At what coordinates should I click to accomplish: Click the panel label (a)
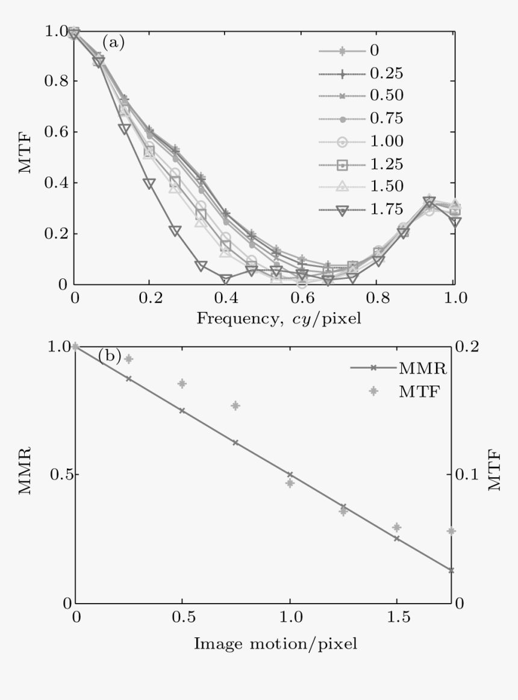tap(113, 42)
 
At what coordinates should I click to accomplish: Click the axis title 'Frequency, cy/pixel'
tap(278, 318)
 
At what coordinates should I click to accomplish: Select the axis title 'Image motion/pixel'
tap(275, 643)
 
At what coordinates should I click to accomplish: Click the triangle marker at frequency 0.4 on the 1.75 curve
tap(226, 280)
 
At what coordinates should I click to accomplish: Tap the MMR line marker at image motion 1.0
tap(290, 475)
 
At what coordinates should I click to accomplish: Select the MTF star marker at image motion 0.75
tap(236, 406)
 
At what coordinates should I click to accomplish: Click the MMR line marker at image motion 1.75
tap(451, 570)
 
